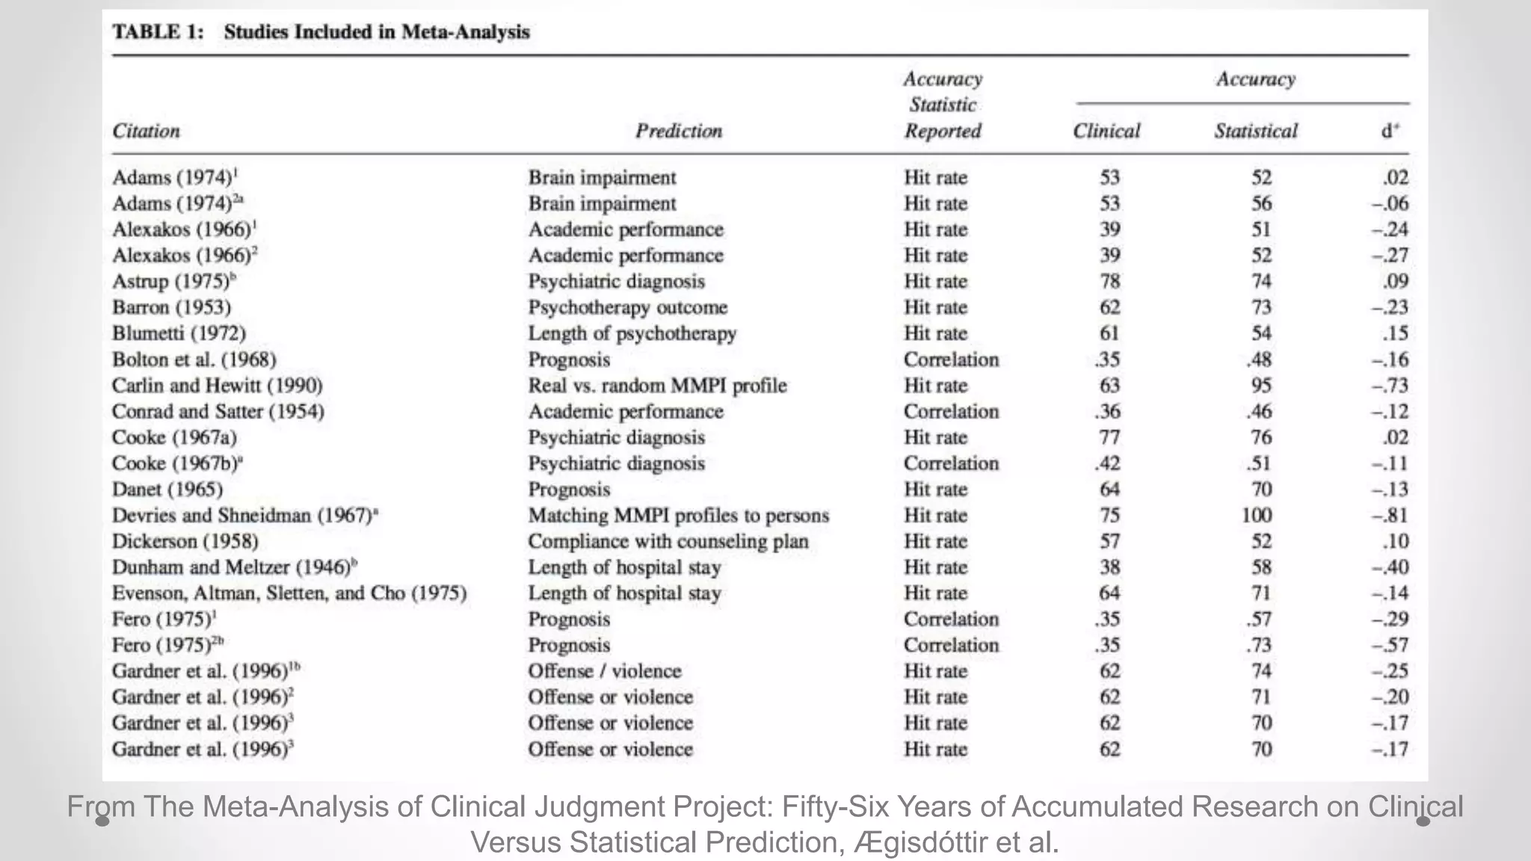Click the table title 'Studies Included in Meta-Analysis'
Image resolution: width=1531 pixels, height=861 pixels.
[x=376, y=32]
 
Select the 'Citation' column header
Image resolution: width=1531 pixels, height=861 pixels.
[x=147, y=131]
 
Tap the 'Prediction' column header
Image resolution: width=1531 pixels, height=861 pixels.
[x=679, y=131]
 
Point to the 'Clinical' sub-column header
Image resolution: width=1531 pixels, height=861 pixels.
[x=1106, y=131]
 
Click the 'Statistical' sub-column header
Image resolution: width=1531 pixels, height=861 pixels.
[x=1256, y=131]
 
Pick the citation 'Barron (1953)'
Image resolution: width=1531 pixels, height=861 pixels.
[x=171, y=307]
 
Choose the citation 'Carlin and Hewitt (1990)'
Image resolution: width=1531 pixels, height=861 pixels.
[x=217, y=386]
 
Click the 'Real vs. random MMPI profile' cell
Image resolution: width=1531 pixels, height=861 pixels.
[x=657, y=386]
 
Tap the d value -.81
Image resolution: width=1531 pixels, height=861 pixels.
[x=1390, y=516]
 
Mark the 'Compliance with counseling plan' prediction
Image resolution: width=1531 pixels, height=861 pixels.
[x=668, y=541]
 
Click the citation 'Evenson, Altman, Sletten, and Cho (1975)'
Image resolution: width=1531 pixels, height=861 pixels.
[x=289, y=593]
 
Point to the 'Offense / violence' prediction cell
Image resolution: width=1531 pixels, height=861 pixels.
[x=604, y=671]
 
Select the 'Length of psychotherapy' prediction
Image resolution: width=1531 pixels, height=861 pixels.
[x=632, y=333]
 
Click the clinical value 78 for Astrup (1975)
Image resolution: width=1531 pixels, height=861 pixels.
[x=1109, y=282]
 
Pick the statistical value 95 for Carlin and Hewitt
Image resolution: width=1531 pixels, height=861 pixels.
[x=1261, y=386]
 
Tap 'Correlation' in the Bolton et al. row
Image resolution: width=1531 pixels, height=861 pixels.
[x=951, y=359]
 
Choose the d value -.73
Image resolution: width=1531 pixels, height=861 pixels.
[x=1390, y=386]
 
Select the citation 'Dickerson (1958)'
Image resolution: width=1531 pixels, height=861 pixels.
[x=185, y=541]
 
